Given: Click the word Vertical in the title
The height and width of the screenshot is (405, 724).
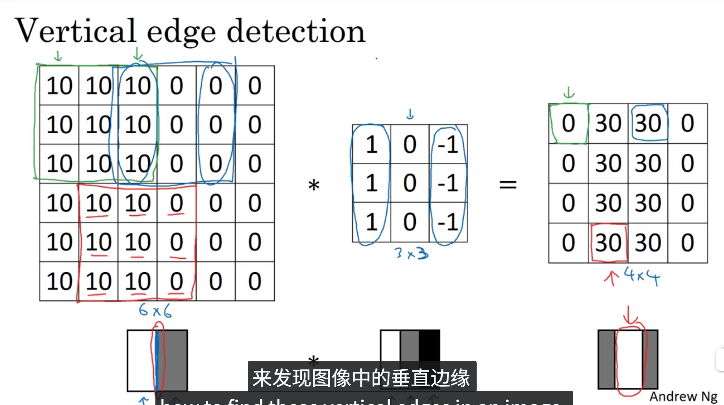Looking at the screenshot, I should pyautogui.click(x=76, y=31).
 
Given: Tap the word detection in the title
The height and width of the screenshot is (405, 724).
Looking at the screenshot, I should pyautogui.click(x=296, y=31).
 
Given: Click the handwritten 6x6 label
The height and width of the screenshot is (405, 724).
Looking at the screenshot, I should pyautogui.click(x=155, y=311).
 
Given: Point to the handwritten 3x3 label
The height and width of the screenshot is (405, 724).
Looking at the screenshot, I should pyautogui.click(x=411, y=253).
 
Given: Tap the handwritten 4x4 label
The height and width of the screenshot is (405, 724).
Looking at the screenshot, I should pyautogui.click(x=641, y=276).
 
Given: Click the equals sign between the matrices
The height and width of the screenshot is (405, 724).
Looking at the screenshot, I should pyautogui.click(x=508, y=184).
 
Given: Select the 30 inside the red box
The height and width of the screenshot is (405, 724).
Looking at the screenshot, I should pyautogui.click(x=608, y=243).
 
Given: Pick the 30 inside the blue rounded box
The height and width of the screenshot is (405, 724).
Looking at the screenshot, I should pyautogui.click(x=648, y=124).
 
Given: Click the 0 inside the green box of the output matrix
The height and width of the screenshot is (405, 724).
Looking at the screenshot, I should pyautogui.click(x=568, y=124).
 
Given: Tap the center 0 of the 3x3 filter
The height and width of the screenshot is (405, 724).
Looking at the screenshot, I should pyautogui.click(x=409, y=183).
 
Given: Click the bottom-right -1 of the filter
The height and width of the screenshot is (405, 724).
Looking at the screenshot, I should pyautogui.click(x=448, y=222).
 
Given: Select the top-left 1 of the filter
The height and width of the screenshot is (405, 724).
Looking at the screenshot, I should pyautogui.click(x=371, y=145).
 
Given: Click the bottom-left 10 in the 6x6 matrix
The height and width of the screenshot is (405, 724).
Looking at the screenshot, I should pyautogui.click(x=59, y=281).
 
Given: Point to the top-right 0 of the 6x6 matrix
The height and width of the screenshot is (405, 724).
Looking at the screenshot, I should pyautogui.click(x=254, y=86).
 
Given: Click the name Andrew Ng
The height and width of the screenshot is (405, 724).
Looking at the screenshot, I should pyautogui.click(x=683, y=396).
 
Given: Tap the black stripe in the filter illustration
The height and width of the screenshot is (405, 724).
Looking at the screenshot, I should pyautogui.click(x=429, y=345).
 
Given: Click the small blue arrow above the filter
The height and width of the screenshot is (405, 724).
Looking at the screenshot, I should pyautogui.click(x=410, y=114).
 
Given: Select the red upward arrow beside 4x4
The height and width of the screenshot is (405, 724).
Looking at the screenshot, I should pyautogui.click(x=611, y=278).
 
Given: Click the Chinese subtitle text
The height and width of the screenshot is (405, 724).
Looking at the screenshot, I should pyautogui.click(x=361, y=377).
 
